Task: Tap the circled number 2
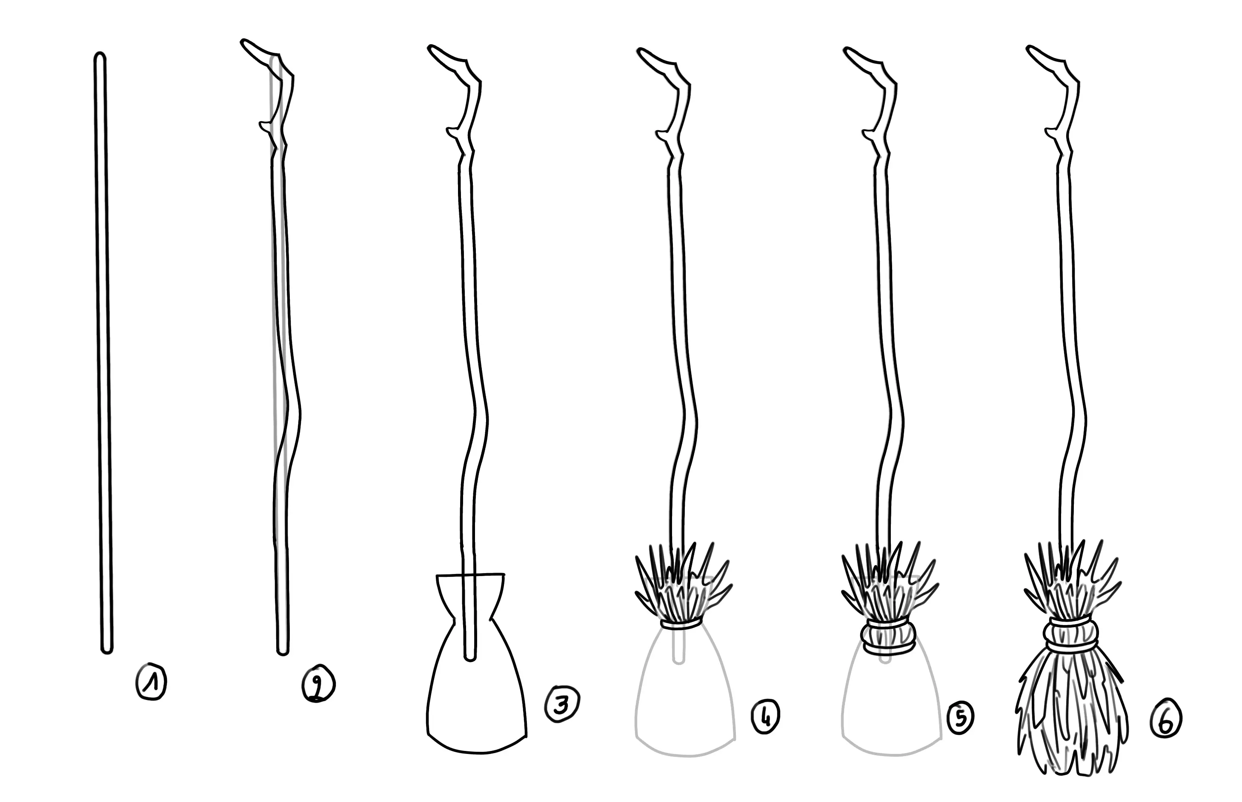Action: tap(319, 683)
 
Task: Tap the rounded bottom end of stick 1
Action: tap(106, 649)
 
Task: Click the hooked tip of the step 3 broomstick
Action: tap(431, 49)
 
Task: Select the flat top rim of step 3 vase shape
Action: tap(470, 575)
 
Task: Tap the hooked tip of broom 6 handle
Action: tap(1030, 50)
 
